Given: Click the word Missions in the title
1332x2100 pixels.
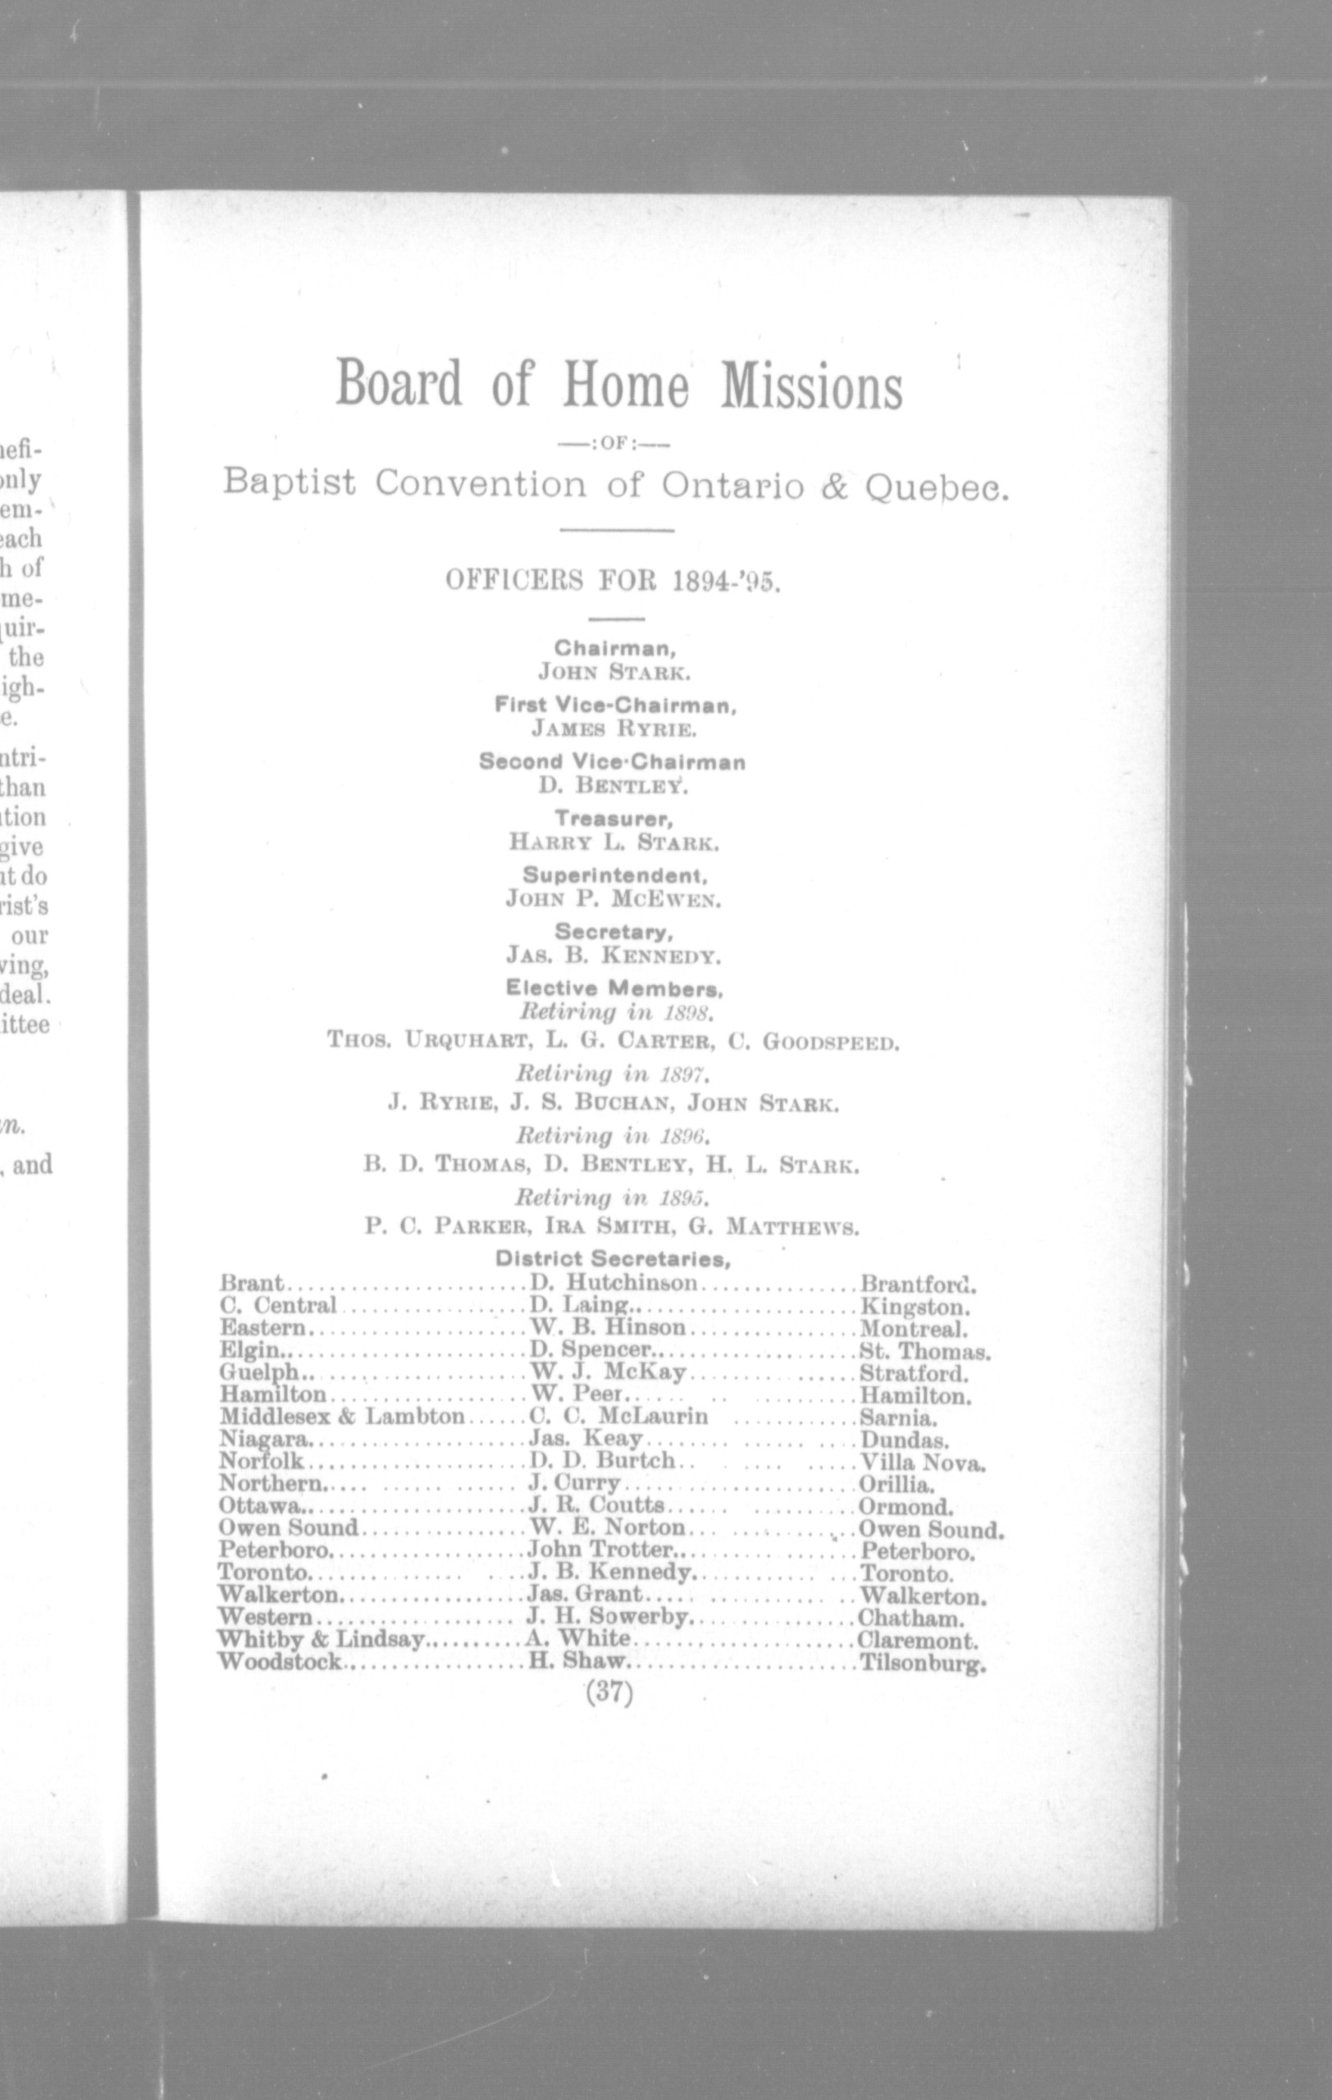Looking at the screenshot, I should (x=810, y=386).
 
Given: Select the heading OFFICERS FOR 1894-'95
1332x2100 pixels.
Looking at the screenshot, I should (x=613, y=580).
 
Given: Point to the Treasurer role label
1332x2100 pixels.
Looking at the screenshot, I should (x=614, y=819).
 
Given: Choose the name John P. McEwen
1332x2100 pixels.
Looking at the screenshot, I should (x=614, y=898).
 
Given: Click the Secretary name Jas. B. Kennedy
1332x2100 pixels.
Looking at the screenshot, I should (x=614, y=956).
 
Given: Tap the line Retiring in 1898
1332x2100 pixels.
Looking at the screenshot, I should (x=616, y=1012).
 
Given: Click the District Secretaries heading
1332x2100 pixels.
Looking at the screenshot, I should (x=613, y=1258).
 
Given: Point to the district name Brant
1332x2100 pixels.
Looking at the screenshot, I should (x=251, y=1284).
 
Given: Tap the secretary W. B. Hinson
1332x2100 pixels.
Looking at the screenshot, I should (x=608, y=1328).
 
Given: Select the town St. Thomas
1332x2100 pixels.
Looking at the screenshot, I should (x=925, y=1352).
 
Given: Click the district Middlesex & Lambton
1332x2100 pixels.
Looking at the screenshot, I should (x=342, y=1417).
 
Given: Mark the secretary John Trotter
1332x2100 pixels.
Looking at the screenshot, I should (x=601, y=1550).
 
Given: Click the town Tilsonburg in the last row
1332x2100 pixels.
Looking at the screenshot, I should (x=922, y=1663).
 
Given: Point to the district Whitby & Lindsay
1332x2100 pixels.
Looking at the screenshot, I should (x=321, y=1640).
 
